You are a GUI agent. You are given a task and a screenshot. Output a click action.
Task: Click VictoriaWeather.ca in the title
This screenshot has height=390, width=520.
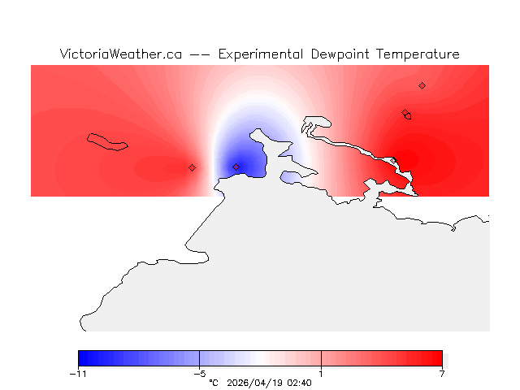pyautogui.click(x=120, y=54)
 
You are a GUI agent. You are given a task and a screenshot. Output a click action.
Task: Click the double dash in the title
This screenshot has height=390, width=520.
pyautogui.click(x=199, y=54)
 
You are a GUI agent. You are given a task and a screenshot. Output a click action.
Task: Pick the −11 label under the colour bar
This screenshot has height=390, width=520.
pyautogui.click(x=78, y=374)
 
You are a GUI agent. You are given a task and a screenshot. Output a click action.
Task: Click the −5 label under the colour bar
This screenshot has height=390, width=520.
pyautogui.click(x=199, y=374)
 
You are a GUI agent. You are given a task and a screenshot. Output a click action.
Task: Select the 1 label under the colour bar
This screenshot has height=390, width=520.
pyautogui.click(x=321, y=374)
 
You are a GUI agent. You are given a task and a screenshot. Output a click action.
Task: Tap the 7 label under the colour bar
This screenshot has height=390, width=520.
pyautogui.click(x=442, y=374)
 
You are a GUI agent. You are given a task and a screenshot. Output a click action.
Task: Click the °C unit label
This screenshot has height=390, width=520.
pyautogui.click(x=214, y=382)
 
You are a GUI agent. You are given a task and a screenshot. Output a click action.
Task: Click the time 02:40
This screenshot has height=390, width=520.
pyautogui.click(x=298, y=382)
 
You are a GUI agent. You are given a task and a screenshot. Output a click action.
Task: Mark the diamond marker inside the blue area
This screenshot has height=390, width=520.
pyautogui.click(x=236, y=167)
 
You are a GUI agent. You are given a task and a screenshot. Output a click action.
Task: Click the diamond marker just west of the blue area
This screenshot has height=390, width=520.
pyautogui.click(x=192, y=167)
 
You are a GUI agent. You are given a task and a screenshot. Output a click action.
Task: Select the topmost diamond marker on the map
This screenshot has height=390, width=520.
pyautogui.click(x=422, y=85)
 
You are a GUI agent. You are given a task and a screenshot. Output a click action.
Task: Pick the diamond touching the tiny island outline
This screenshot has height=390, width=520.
pyautogui.click(x=405, y=113)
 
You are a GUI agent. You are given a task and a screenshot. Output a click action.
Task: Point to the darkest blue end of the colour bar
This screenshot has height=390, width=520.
pyautogui.click(x=81, y=358)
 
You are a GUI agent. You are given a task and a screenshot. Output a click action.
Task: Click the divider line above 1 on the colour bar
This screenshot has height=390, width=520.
pyautogui.click(x=321, y=358)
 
